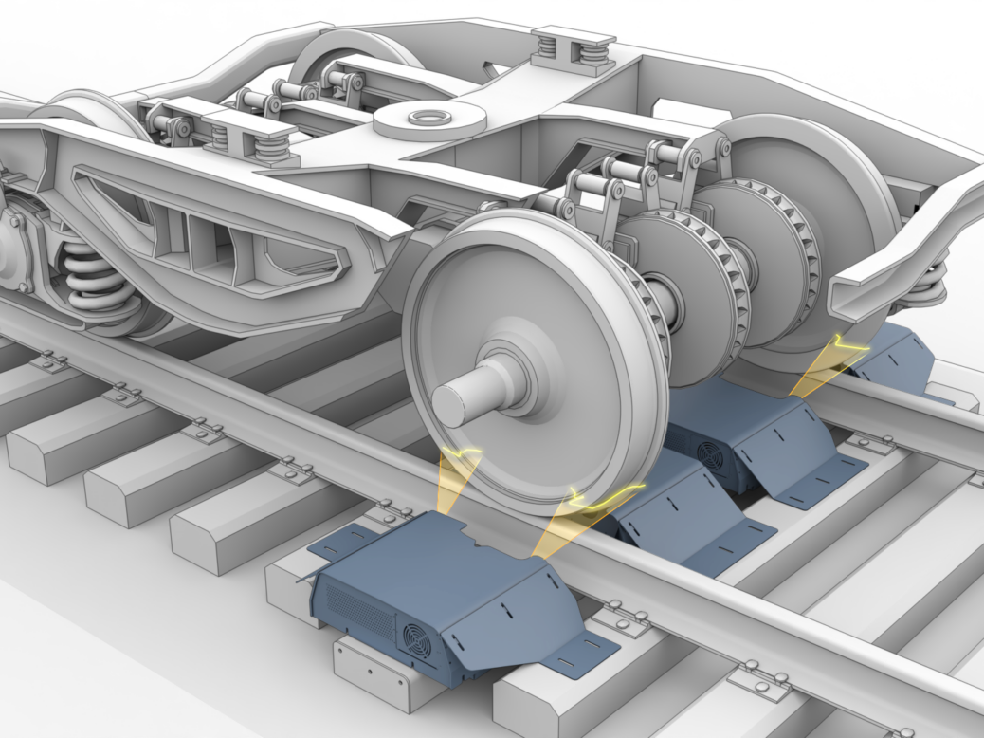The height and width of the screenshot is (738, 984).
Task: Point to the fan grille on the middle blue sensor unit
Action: coord(710,454)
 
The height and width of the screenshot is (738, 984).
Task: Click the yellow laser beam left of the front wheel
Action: coord(459,485)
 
